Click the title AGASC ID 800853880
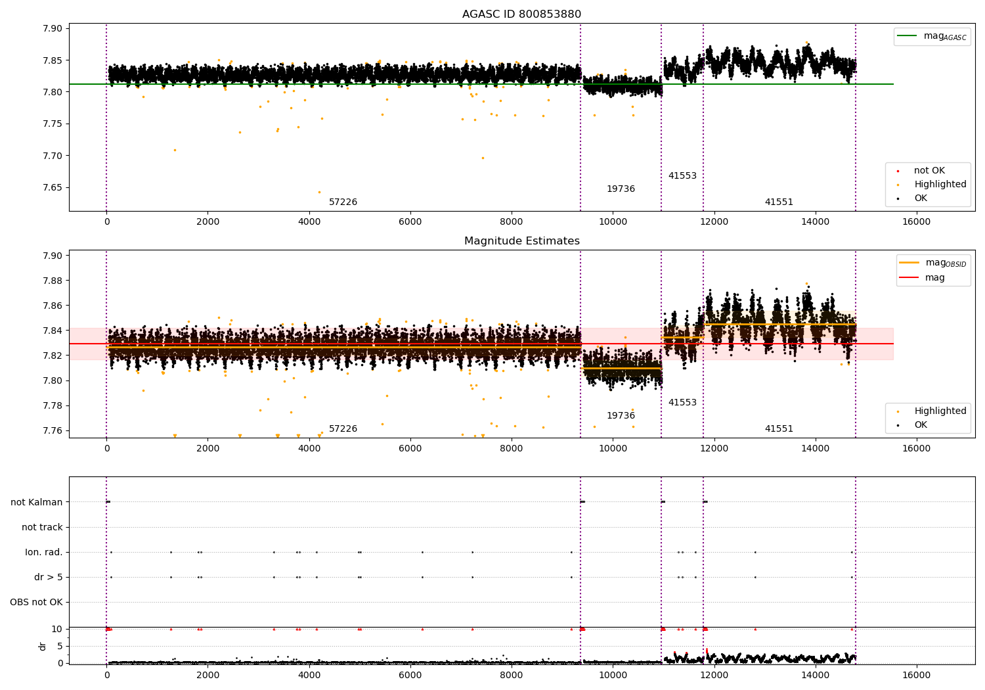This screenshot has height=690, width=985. pyautogui.click(x=521, y=14)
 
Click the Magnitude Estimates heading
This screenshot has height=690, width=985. pyautogui.click(x=522, y=241)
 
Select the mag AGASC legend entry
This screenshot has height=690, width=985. pyautogui.click(x=932, y=36)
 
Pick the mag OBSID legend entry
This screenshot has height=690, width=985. pyautogui.click(x=933, y=263)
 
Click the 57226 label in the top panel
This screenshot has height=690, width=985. pyautogui.click(x=343, y=202)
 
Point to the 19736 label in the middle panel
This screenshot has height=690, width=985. pyautogui.click(x=621, y=415)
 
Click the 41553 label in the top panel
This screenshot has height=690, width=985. pyautogui.click(x=682, y=175)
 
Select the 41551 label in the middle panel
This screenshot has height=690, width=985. pyautogui.click(x=779, y=428)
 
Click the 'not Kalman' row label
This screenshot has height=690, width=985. pyautogui.click(x=37, y=502)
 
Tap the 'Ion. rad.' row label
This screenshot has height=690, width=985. pyautogui.click(x=43, y=552)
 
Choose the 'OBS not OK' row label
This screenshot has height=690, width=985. pyautogui.click(x=36, y=602)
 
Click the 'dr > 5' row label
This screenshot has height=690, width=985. pyautogui.click(x=49, y=577)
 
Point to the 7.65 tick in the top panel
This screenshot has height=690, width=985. pyautogui.click(x=53, y=187)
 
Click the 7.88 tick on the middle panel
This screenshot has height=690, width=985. pyautogui.click(x=53, y=281)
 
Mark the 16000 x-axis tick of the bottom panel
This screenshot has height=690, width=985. pyautogui.click(x=917, y=676)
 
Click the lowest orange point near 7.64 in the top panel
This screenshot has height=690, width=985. pyautogui.click(x=319, y=193)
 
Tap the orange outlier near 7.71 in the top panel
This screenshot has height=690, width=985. pyautogui.click(x=175, y=150)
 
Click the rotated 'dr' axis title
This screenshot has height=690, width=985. pyautogui.click(x=42, y=646)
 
